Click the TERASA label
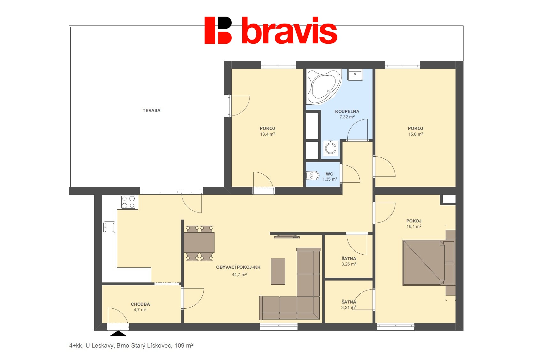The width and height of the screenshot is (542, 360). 152,110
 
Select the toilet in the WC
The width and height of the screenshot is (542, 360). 312,176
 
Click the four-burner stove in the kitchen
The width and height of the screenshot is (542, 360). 128,202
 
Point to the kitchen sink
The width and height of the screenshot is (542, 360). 109,228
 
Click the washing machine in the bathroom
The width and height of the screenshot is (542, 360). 330,148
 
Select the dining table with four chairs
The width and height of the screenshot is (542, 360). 199,243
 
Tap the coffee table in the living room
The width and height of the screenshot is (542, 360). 278,272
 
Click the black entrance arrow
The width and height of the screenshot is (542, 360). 118,334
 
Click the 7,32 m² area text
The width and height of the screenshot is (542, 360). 347,117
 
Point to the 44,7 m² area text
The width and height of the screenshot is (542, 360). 239,274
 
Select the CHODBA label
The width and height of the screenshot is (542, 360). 140,304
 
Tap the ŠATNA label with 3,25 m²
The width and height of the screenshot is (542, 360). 349,259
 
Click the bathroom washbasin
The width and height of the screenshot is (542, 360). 355,74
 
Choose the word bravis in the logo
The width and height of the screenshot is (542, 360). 290,31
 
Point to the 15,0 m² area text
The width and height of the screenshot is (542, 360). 416,134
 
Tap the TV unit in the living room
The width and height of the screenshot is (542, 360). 287,236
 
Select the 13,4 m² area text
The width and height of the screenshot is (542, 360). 267,134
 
